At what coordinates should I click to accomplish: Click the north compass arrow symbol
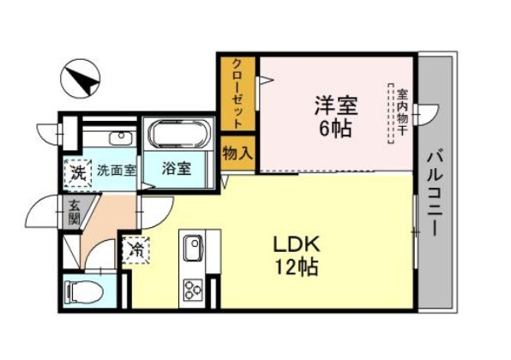[x=81, y=78]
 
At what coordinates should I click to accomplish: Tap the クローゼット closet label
[x=237, y=93]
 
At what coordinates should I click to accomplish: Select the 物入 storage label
[x=237, y=153]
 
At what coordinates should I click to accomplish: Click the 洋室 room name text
[x=336, y=105]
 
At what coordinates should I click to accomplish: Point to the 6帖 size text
[x=335, y=129]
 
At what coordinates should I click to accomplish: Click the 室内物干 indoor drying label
[x=402, y=113]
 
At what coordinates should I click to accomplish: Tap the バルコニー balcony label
[x=435, y=191]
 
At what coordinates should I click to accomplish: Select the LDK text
[x=297, y=245]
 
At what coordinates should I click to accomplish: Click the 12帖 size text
[x=297, y=267]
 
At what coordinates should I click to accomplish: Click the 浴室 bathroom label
[x=177, y=169]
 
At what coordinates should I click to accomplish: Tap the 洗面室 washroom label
[x=117, y=171]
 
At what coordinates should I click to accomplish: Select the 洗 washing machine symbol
[x=78, y=172]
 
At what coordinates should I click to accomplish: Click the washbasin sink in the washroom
[x=122, y=139]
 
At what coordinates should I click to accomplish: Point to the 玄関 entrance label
[x=74, y=212]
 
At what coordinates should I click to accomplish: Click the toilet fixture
[x=84, y=291]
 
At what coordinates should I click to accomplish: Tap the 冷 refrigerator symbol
[x=136, y=250]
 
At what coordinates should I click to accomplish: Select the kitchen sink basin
[x=193, y=247]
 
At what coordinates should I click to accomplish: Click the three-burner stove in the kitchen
[x=192, y=290]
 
